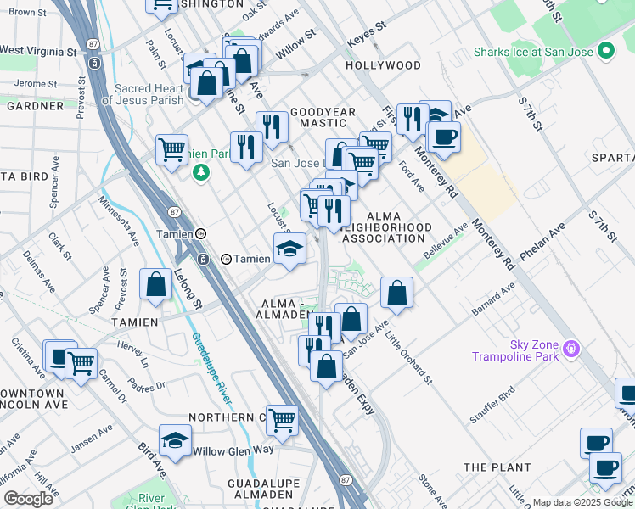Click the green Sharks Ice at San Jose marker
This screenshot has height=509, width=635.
[605, 51]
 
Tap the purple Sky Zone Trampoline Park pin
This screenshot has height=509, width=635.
[571, 349]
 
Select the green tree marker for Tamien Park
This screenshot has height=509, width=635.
[201, 173]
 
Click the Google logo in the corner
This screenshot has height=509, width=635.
[29, 499]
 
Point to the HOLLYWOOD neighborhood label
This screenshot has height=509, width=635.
[383, 65]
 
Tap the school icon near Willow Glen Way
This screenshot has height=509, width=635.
[175, 441]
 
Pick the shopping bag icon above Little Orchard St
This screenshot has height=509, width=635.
[396, 294]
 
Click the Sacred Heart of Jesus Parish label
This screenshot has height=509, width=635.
[138, 94]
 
